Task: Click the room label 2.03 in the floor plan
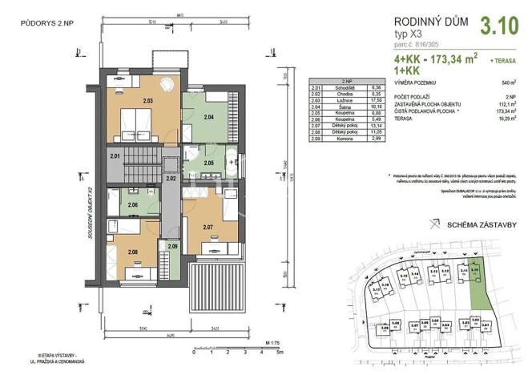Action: coord(147,101)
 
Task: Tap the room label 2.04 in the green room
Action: coord(208,118)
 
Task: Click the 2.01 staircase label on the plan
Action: coord(115,155)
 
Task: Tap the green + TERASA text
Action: coord(502,59)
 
